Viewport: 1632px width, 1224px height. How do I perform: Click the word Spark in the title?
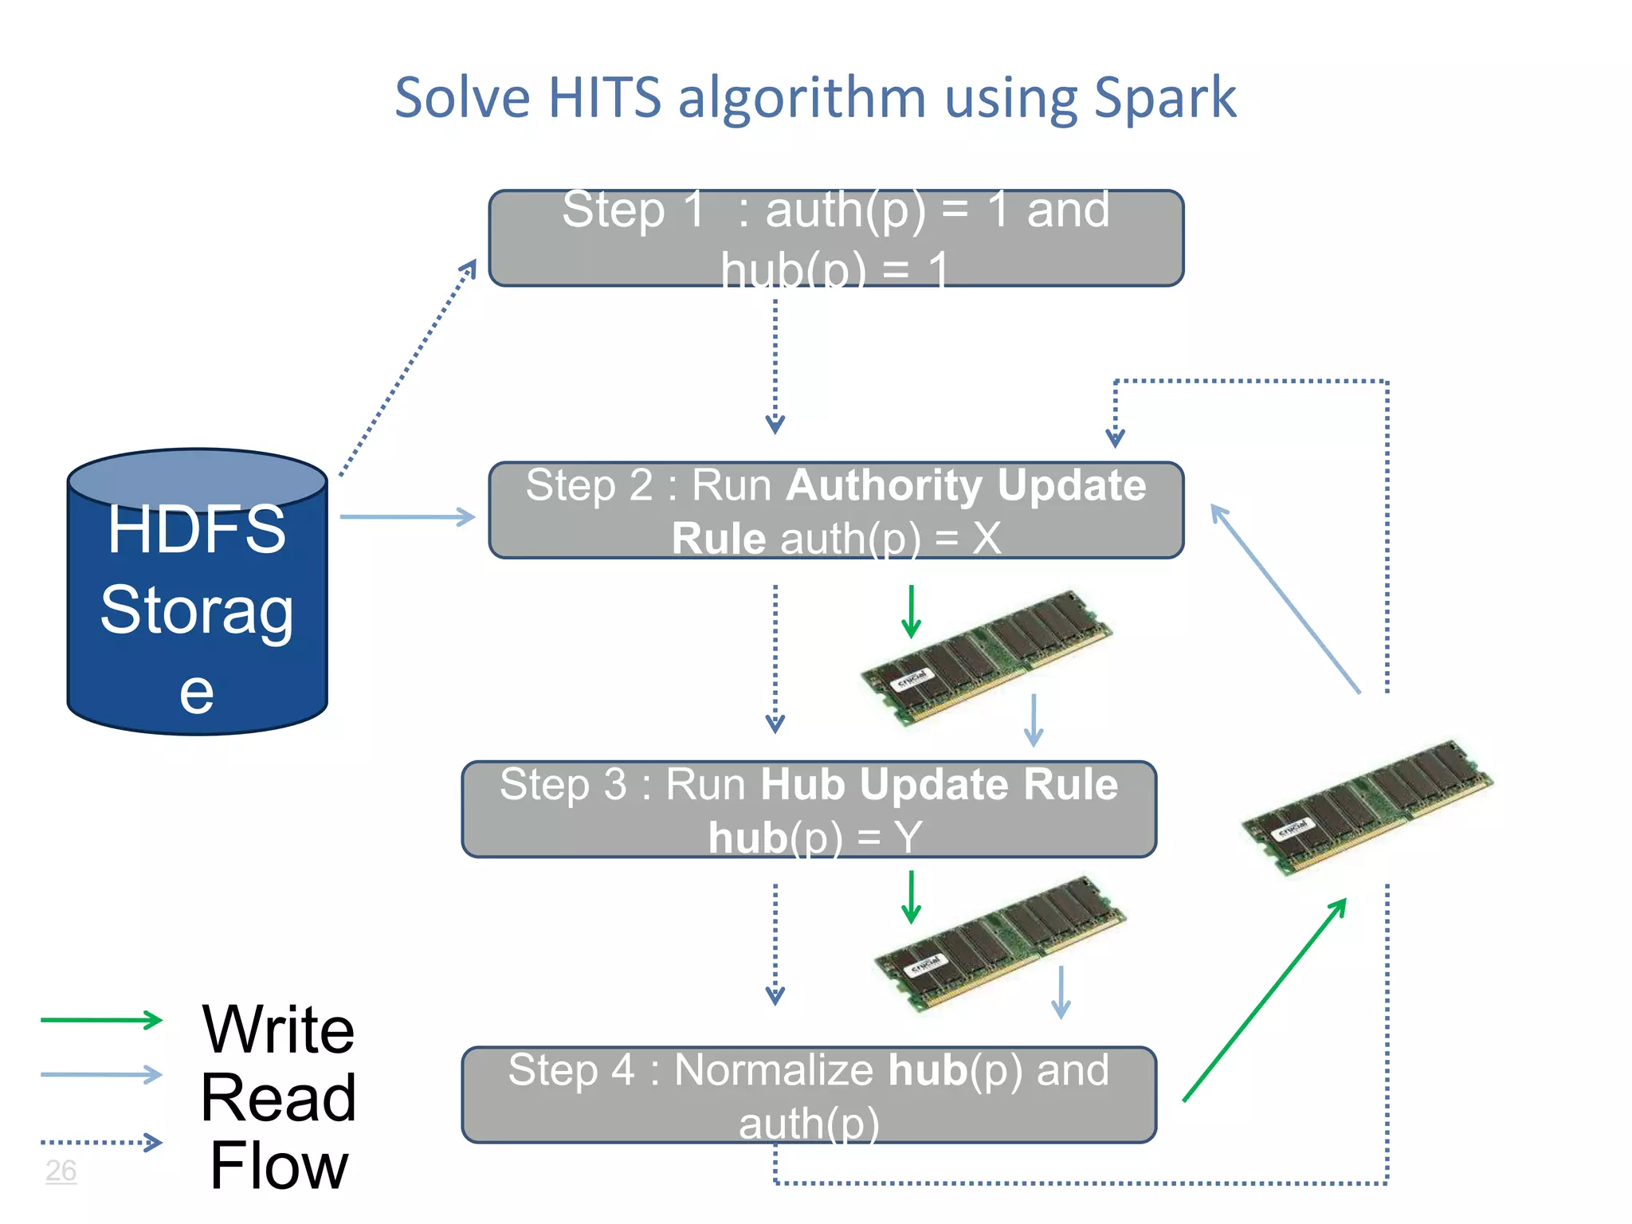pyautogui.click(x=1164, y=99)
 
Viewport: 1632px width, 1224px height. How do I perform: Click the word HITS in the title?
pyautogui.click(x=605, y=99)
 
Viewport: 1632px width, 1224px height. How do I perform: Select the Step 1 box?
pyautogui.click(x=835, y=237)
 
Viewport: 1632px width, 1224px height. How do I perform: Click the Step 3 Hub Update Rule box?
pyautogui.click(x=808, y=809)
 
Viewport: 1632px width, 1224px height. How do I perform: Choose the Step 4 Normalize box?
pyautogui.click(x=808, y=1094)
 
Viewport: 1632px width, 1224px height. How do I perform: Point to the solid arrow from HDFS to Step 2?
pyautogui.click(x=406, y=517)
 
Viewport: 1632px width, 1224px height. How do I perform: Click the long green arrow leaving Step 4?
pyautogui.click(x=1265, y=999)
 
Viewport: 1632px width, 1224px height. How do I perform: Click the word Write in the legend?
pyautogui.click(x=278, y=1030)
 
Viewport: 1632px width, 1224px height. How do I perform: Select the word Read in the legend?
pyautogui.click(x=278, y=1098)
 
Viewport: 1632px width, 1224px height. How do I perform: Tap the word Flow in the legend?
pyautogui.click(x=278, y=1166)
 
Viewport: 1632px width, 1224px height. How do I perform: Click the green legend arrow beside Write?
pyautogui.click(x=100, y=1019)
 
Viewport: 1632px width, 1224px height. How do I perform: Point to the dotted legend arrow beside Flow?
pyautogui.click(x=100, y=1143)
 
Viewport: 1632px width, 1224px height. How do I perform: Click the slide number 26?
pyautogui.click(x=61, y=1171)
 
